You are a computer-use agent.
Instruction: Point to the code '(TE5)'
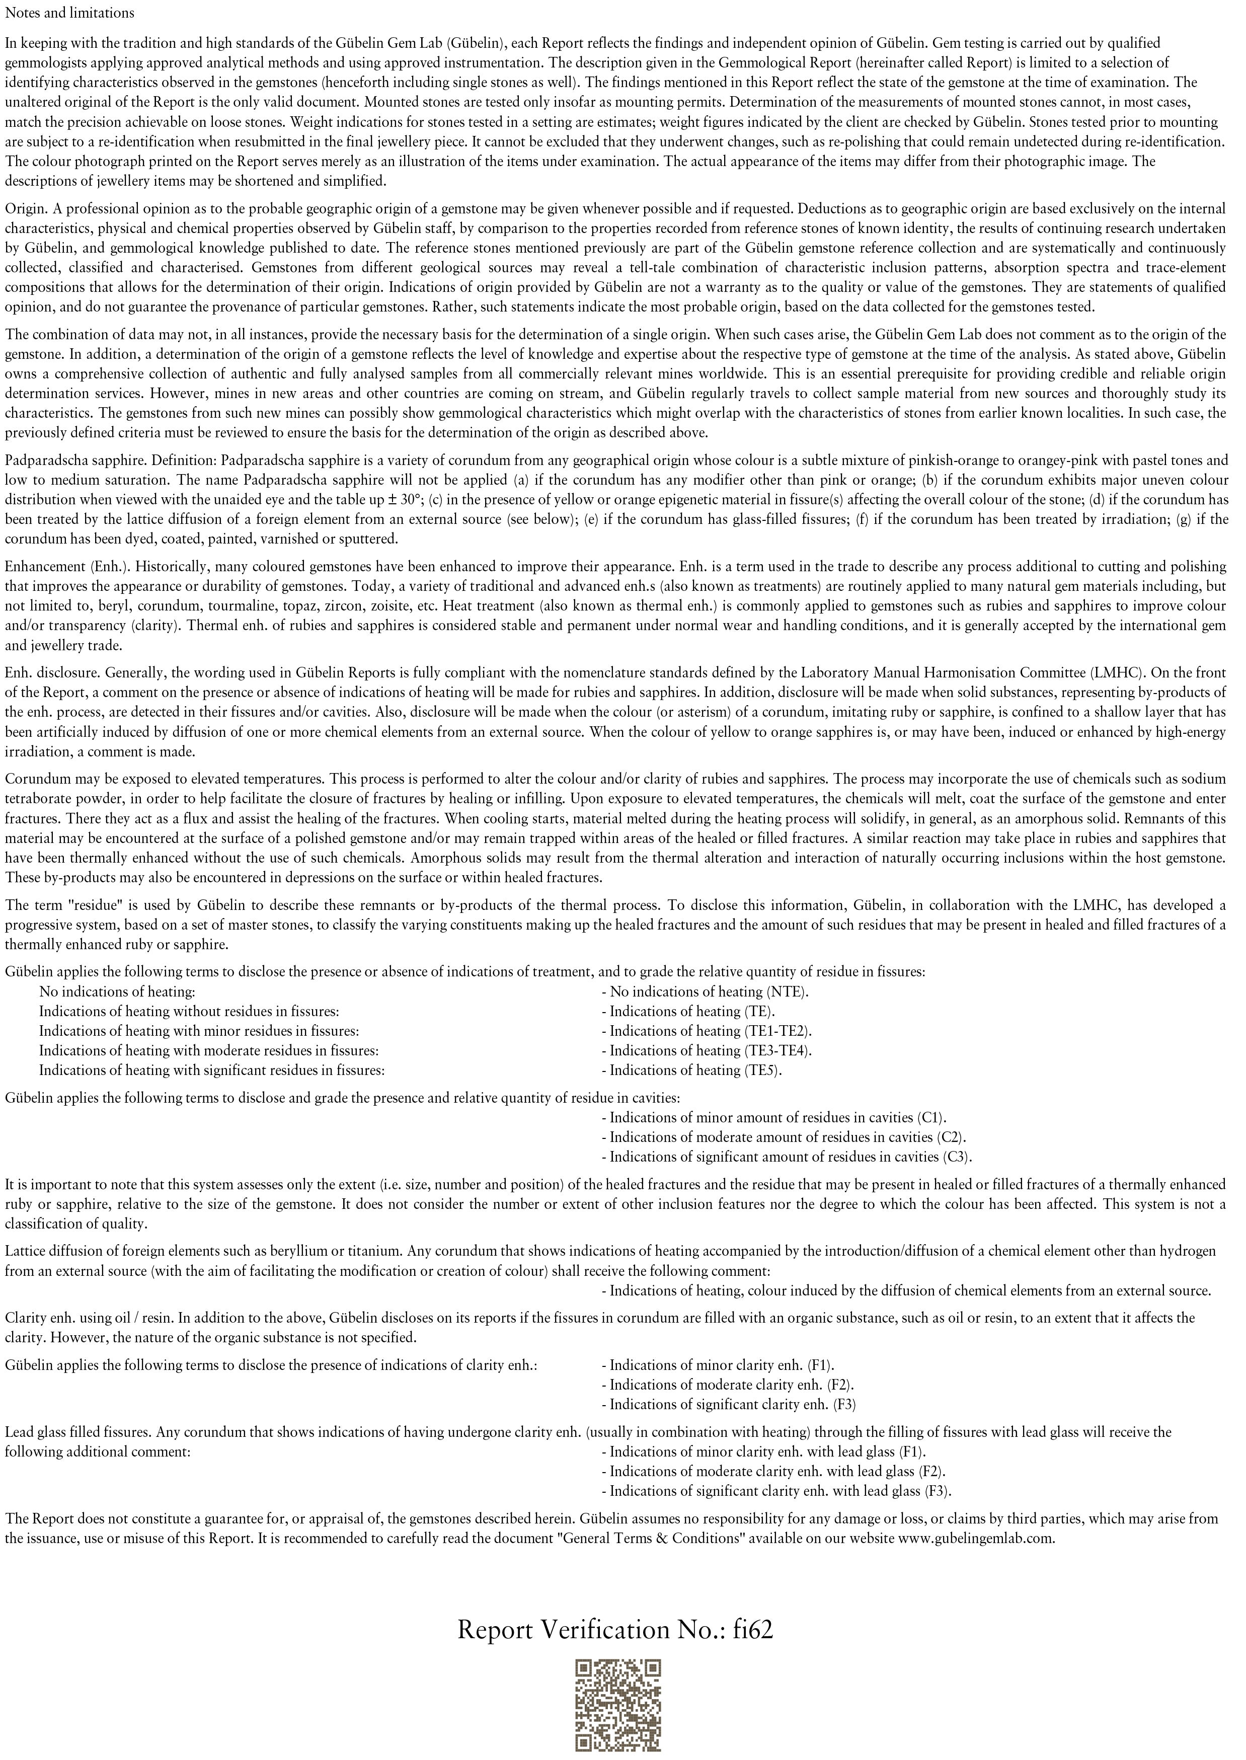pyautogui.click(x=762, y=1070)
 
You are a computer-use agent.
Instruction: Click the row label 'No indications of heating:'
pyautogui.click(x=117, y=991)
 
